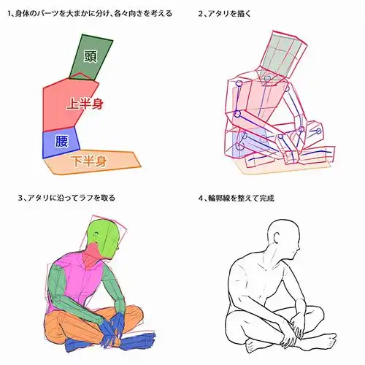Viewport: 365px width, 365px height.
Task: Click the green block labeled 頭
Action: [x=91, y=59]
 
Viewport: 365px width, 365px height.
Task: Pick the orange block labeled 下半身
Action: [x=91, y=161]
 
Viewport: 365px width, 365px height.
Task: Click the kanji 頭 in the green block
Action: [x=91, y=56]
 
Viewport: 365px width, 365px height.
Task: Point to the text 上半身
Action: [x=84, y=104]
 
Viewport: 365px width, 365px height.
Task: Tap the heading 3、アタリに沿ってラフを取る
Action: [x=67, y=197]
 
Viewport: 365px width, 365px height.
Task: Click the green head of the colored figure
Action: [x=104, y=237]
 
